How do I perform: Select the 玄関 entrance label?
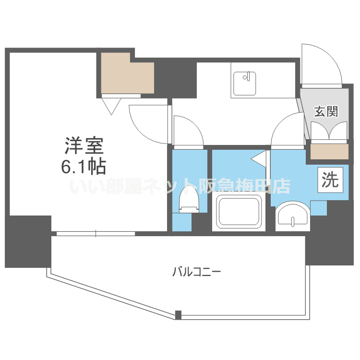tap(326, 112)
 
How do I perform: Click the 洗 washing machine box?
tap(330, 180)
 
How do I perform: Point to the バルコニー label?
tap(196, 272)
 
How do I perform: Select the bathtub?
tap(239, 212)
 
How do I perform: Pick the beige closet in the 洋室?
tap(127, 74)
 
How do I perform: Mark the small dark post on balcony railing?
tap(179, 315)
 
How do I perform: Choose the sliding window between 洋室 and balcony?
tap(96, 234)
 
